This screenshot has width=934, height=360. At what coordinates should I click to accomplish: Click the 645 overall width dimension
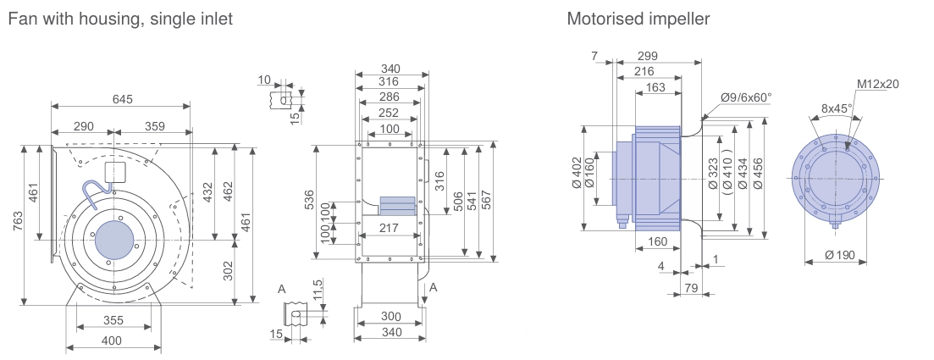(x=123, y=99)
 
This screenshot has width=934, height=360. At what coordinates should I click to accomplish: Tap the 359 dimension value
(x=154, y=126)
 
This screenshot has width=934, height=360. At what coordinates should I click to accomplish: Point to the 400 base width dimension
(x=112, y=341)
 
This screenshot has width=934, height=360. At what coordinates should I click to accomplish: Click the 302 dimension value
(x=228, y=271)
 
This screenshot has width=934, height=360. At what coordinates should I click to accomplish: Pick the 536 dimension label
(x=310, y=201)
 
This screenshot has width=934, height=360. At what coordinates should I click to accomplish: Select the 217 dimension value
(x=389, y=228)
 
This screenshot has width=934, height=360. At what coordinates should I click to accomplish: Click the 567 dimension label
(x=486, y=201)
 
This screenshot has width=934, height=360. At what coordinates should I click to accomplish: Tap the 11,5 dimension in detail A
(x=318, y=291)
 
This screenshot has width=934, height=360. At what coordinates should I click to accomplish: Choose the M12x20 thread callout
(x=877, y=84)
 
